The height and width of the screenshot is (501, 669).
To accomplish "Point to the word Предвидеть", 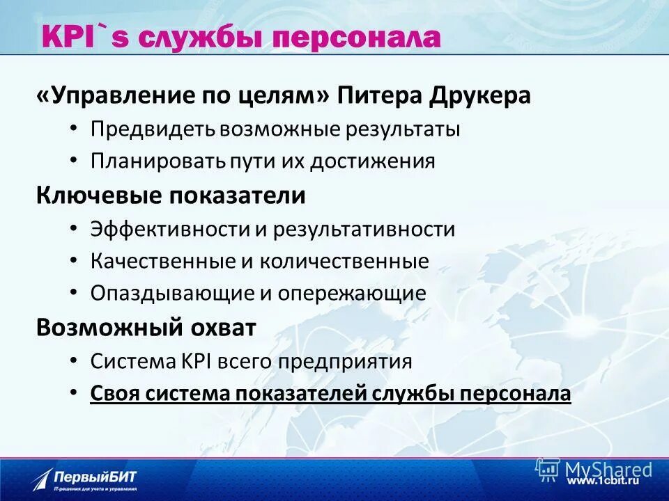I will [153, 129].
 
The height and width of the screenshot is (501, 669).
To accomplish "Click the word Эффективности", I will [170, 229].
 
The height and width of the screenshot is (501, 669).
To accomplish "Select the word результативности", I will [364, 229].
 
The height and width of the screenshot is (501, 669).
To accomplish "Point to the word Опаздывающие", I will [172, 293].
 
